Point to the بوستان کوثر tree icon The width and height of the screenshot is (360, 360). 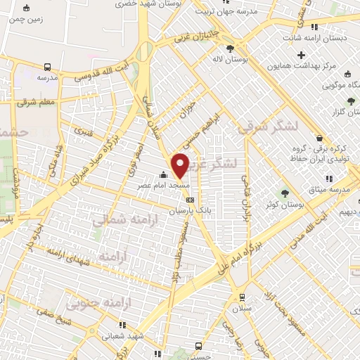tap(285, 193)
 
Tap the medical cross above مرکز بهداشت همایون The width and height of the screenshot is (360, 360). tap(302, 55)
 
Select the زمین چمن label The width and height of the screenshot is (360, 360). tap(26, 20)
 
